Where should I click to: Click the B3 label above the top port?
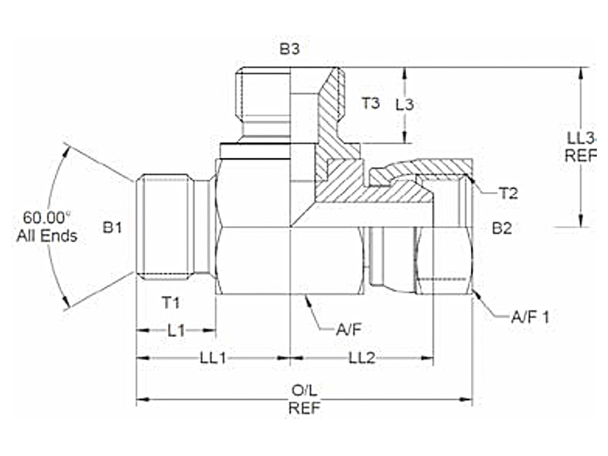[290, 49]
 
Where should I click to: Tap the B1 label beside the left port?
[112, 228]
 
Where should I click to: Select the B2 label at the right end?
[502, 229]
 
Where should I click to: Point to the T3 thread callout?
[371, 103]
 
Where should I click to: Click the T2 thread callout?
[508, 193]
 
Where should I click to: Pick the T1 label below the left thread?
[171, 302]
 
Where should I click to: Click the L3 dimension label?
[405, 104]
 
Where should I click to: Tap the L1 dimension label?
[176, 330]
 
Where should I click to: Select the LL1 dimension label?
[213, 358]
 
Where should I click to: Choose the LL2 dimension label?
[362, 358]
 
